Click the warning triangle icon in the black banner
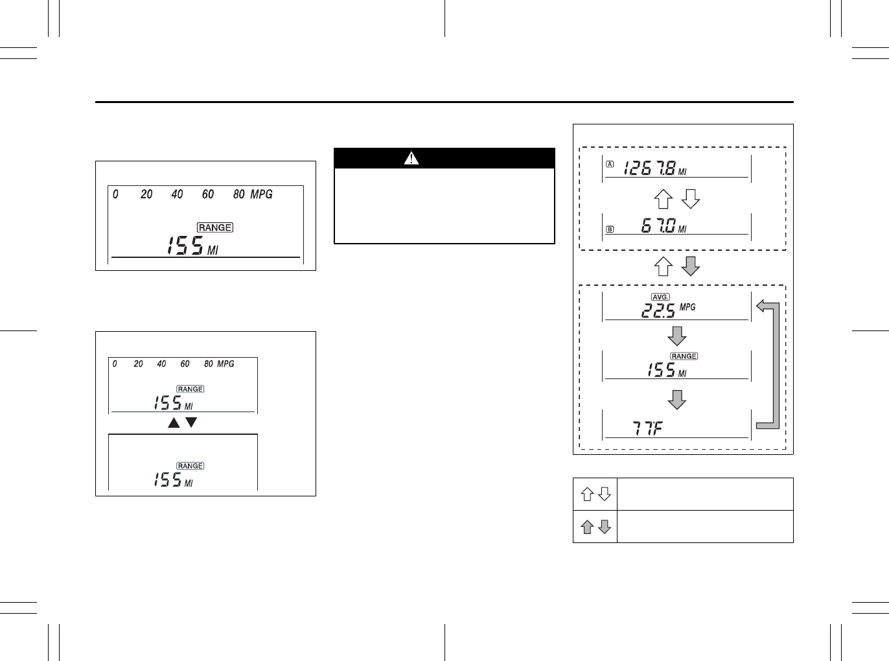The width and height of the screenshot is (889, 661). (411, 158)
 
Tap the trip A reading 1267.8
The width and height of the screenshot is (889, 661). (649, 169)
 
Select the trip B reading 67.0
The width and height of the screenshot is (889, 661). (658, 226)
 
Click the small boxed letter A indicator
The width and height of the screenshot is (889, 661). (610, 165)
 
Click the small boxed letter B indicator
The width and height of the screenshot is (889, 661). (610, 229)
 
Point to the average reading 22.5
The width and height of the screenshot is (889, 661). (658, 311)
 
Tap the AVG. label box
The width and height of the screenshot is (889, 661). (660, 297)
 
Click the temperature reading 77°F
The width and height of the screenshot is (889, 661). (647, 428)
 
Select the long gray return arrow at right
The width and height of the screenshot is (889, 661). (769, 364)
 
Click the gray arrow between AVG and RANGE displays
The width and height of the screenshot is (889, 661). (677, 336)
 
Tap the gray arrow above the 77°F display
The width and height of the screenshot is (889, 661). (677, 399)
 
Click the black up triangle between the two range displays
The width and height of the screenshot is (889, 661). (174, 423)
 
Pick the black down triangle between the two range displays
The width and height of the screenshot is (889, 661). (191, 423)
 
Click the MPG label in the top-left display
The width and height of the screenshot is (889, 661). (261, 194)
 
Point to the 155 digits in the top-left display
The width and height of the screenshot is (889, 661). (185, 246)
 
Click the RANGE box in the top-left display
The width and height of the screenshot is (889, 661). (215, 227)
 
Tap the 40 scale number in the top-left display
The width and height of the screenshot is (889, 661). (177, 194)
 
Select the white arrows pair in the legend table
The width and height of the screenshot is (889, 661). (595, 494)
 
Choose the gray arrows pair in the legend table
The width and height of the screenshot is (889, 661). (595, 527)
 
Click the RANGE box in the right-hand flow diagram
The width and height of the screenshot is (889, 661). (684, 356)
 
